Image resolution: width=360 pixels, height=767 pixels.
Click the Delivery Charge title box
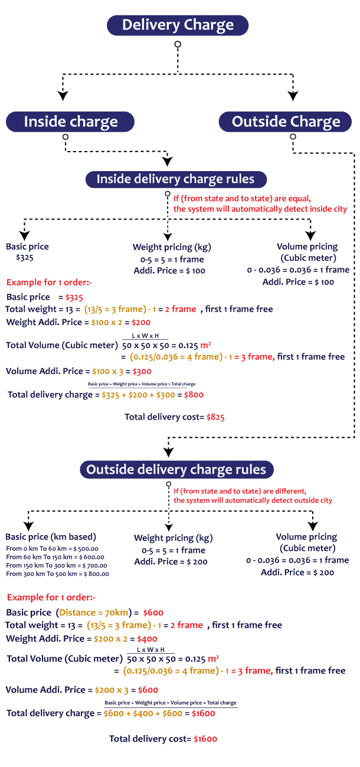[x=178, y=25]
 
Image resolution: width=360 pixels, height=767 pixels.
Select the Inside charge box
[x=70, y=122]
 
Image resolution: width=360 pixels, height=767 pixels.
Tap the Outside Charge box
[x=286, y=122]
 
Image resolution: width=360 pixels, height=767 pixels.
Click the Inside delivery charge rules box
[x=175, y=179]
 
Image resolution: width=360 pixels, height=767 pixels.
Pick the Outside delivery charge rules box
[x=176, y=470]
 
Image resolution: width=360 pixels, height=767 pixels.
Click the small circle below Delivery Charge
[x=178, y=44]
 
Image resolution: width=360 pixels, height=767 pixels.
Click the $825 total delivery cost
[x=215, y=417]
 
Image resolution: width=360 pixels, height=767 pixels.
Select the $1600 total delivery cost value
[x=206, y=739]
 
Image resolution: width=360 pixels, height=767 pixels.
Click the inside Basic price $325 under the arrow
[x=25, y=258]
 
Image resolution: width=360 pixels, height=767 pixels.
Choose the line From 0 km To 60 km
[x=52, y=549]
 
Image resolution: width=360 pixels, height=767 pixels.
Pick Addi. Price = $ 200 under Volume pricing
[x=298, y=572]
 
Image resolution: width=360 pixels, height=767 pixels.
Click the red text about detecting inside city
[x=260, y=209]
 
